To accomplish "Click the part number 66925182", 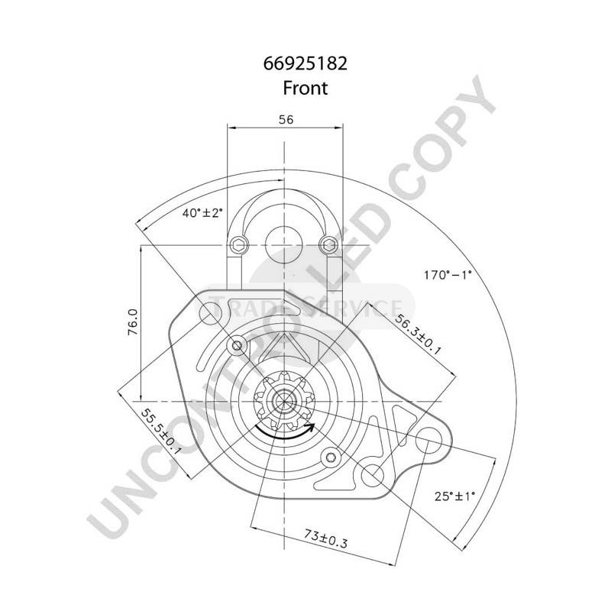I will point(305,63).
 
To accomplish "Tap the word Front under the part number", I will point(305,88).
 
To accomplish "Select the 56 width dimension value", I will point(286,119).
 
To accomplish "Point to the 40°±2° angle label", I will point(202,213).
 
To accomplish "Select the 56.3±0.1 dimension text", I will point(417,328).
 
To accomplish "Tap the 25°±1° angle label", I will point(454,496).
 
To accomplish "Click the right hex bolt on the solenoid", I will point(328,244).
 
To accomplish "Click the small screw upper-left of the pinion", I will point(238,348).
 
